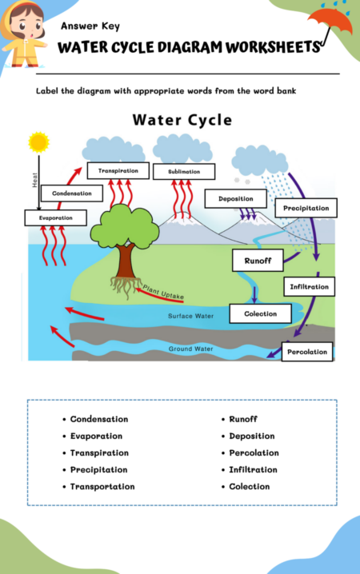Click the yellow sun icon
(x=38, y=142)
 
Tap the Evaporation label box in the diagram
(x=55, y=217)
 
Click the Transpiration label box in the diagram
(x=118, y=171)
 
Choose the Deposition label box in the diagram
(x=235, y=198)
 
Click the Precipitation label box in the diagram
(x=306, y=208)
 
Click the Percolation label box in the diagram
(x=306, y=351)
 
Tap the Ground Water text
(x=190, y=349)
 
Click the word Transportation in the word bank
(x=102, y=486)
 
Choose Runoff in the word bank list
(x=243, y=419)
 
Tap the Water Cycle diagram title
(x=182, y=121)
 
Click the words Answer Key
(x=90, y=26)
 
